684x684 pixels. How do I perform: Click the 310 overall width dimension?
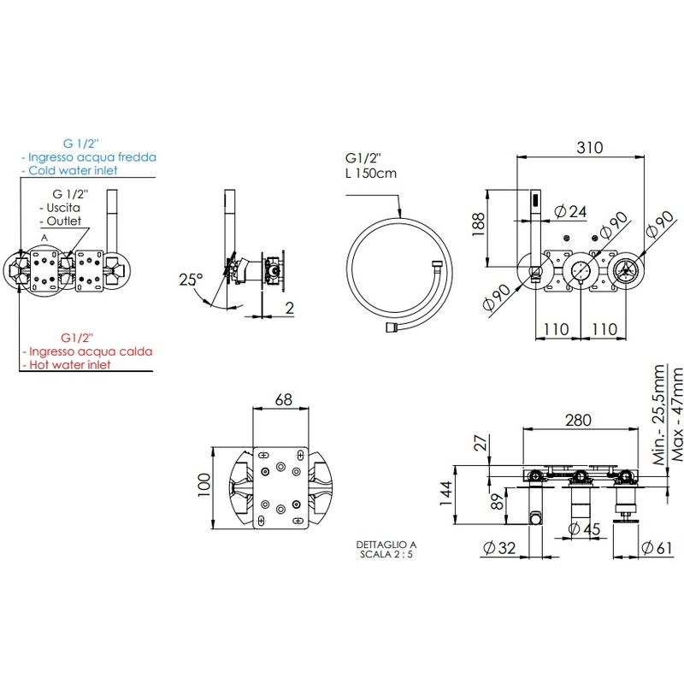click(590, 147)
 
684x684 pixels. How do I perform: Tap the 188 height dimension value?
click(479, 224)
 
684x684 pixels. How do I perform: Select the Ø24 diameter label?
click(570, 211)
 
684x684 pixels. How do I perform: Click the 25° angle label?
click(191, 280)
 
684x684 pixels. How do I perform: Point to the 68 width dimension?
click(284, 399)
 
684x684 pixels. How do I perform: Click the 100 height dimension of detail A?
click(204, 485)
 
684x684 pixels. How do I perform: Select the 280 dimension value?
click(579, 420)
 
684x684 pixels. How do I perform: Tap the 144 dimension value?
click(446, 493)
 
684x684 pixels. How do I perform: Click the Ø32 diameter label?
click(499, 547)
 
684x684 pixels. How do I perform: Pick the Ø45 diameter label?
click(585, 529)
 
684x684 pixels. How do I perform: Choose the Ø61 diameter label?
click(657, 547)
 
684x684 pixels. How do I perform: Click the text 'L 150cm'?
click(371, 174)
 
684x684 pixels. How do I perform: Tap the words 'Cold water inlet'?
click(73, 170)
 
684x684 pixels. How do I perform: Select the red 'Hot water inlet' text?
click(70, 365)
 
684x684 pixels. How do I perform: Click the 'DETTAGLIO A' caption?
click(386, 545)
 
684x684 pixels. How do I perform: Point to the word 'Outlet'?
click(63, 221)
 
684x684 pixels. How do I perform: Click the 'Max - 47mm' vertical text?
click(677, 415)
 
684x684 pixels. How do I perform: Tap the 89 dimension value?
click(497, 502)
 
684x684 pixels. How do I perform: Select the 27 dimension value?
click(481, 443)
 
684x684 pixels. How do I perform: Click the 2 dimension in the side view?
click(290, 308)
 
